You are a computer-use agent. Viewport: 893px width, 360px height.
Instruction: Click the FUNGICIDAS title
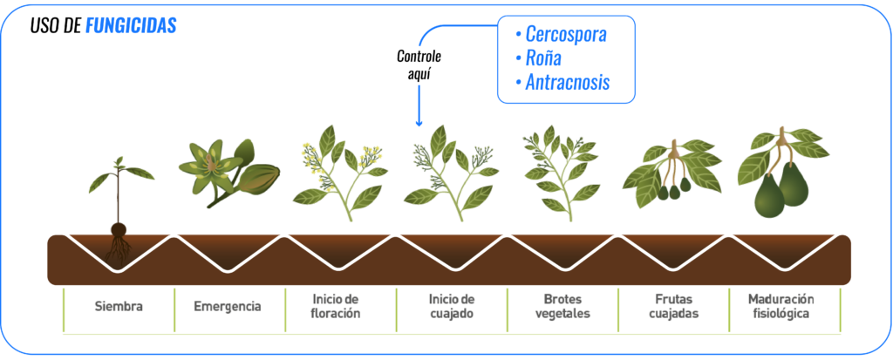pos(131,26)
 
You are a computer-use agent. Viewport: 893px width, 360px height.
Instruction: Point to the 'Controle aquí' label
pos(419,65)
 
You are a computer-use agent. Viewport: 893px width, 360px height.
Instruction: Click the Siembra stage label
pos(119,307)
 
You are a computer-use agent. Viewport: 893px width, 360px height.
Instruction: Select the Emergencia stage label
pos(229,307)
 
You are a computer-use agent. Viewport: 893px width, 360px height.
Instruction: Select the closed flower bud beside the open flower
pos(258,178)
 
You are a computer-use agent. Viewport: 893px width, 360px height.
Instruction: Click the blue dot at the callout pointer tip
pos(419,124)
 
